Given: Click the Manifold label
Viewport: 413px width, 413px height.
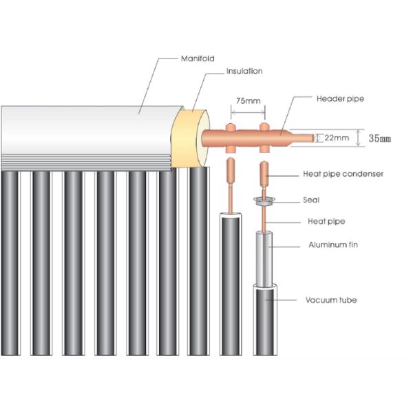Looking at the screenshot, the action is click(x=198, y=59).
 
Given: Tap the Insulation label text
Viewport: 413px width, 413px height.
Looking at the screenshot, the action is click(x=244, y=71).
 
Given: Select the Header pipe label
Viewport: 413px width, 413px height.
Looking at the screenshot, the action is click(x=340, y=99).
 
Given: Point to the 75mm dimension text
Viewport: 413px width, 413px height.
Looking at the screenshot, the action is click(x=248, y=101).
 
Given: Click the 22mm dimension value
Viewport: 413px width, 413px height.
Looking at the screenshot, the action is click(x=337, y=138).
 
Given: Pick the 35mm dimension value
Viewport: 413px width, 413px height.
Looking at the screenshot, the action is click(x=379, y=138).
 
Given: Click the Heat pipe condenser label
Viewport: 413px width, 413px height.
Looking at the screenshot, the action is click(x=343, y=174).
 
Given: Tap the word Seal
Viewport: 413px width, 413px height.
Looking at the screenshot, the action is click(x=311, y=200).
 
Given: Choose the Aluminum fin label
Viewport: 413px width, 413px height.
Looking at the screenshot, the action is click(x=333, y=244).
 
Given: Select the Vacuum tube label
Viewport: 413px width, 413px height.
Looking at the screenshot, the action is click(x=331, y=300).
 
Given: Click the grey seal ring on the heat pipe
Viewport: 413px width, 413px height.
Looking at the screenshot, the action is click(x=264, y=201).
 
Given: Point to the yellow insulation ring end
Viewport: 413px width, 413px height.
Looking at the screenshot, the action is click(x=190, y=139).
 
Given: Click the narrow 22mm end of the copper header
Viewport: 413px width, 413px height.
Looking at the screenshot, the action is click(x=303, y=138).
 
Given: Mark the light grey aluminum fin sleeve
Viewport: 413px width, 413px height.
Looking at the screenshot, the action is click(x=264, y=260).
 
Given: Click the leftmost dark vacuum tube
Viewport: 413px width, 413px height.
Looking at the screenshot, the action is click(x=10, y=263).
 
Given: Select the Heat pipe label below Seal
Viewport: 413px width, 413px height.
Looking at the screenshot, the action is click(x=326, y=222).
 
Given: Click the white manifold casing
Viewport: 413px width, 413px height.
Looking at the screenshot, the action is click(x=87, y=137).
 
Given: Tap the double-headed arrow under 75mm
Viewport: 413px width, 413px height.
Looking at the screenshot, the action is click(x=248, y=112).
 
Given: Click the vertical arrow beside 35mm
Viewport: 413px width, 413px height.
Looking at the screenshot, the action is click(x=359, y=138).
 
